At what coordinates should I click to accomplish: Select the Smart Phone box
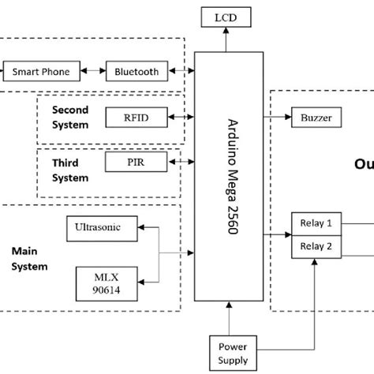coord(40,72)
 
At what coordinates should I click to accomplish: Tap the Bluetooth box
coord(137,72)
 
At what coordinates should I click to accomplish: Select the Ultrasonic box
coord(98,228)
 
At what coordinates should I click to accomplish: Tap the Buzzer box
coord(316,118)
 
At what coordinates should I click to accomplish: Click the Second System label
coord(70,117)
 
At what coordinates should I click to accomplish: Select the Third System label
coord(70,170)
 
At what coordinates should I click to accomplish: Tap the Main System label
coord(29,259)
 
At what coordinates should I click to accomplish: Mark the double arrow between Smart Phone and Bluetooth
coord(94,72)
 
